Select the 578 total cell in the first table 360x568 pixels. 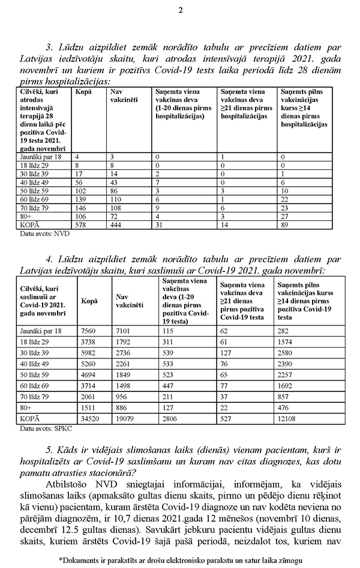[x=78, y=224]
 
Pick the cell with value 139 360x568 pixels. [x=78, y=198]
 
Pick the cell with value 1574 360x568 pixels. [x=287, y=342]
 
